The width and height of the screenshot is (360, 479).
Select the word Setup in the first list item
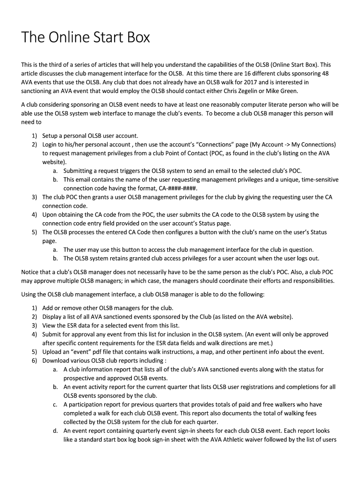(51, 136)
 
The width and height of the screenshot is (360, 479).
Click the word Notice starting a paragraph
(31, 272)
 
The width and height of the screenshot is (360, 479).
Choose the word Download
(57, 361)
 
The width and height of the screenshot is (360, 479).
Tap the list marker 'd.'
(56, 431)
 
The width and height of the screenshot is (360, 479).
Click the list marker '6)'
(35, 361)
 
